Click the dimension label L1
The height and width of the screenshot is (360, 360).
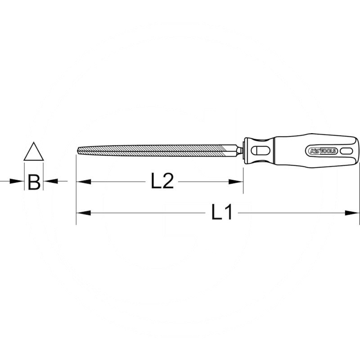click(x=222, y=212)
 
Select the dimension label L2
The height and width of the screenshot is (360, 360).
click(x=162, y=181)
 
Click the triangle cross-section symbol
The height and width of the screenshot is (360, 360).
click(x=33, y=153)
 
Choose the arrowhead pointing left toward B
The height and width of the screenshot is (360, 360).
click(x=50, y=181)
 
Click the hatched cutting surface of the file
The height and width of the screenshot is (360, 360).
click(x=157, y=149)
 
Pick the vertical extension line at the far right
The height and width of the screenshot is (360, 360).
click(x=359, y=189)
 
